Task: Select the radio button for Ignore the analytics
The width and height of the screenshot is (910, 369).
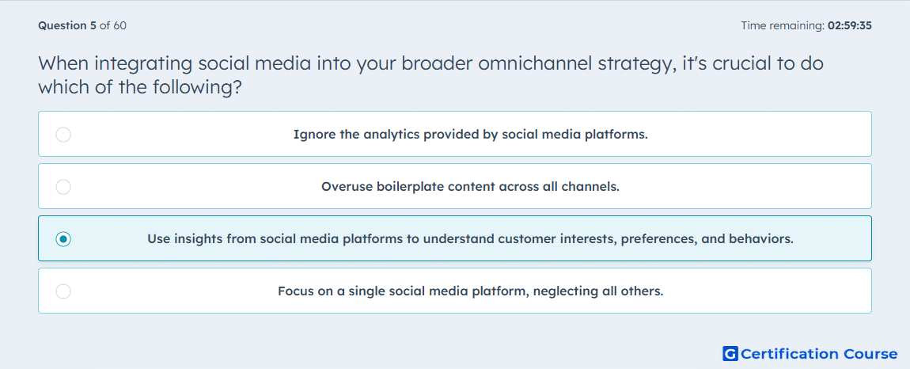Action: point(63,135)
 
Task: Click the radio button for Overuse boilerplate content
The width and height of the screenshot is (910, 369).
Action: point(63,187)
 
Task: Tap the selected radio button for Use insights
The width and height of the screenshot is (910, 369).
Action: point(63,239)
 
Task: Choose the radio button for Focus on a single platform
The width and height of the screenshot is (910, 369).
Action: point(63,291)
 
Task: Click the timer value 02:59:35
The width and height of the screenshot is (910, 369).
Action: point(850,25)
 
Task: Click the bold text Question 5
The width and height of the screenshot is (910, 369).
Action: point(67,25)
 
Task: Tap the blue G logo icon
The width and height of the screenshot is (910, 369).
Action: point(730,353)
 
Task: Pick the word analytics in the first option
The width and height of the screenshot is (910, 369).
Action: point(391,135)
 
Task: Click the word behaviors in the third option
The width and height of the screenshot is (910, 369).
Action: point(765,239)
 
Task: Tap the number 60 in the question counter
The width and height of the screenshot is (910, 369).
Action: point(121,25)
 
